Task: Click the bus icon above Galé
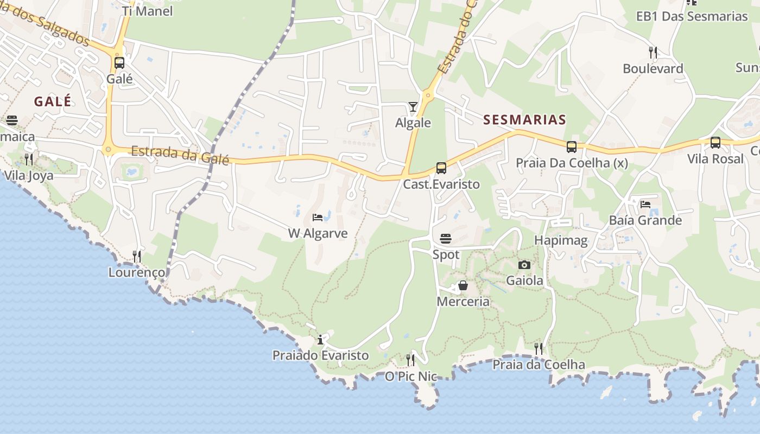point(119,63)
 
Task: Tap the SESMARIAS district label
point(524,120)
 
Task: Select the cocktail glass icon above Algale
point(413,107)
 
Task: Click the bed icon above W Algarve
point(318,218)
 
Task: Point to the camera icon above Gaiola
point(524,265)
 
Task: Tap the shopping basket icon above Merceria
point(463,285)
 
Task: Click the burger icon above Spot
point(446,239)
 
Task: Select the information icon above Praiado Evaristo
point(320,340)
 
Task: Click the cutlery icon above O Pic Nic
point(410,360)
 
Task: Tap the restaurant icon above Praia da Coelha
point(539,348)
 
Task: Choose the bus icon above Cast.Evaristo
point(441,168)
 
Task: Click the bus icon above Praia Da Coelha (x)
point(571,146)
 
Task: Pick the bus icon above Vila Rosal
point(715,143)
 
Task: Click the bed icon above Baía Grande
point(645,204)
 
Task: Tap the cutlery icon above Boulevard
point(653,53)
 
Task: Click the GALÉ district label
point(53,101)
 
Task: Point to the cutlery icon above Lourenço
point(137,256)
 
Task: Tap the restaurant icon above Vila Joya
point(29,159)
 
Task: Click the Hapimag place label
point(561,240)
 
